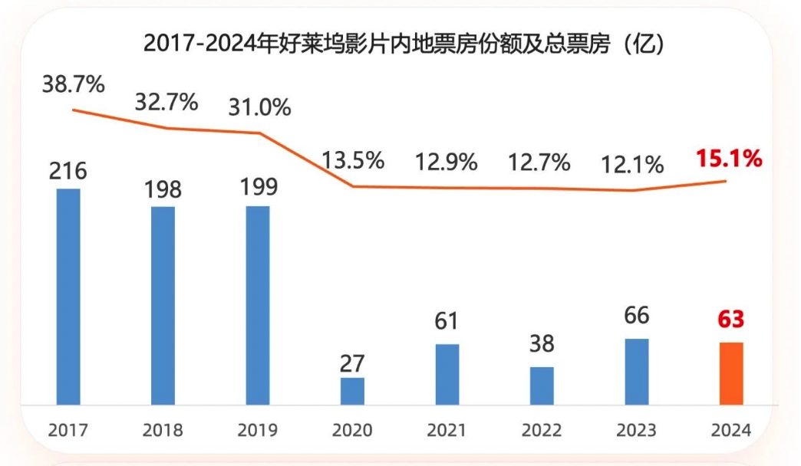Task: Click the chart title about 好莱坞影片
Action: click(x=404, y=44)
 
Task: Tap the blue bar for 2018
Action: click(x=163, y=305)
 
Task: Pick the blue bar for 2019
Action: click(x=257, y=305)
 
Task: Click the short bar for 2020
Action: click(x=352, y=391)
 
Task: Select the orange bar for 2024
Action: click(x=731, y=373)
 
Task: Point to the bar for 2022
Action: click(x=542, y=386)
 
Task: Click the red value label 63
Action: click(x=731, y=319)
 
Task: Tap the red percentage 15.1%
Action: click(x=729, y=159)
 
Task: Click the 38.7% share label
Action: click(x=73, y=84)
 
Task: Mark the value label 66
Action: click(x=636, y=316)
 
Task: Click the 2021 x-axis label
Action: click(x=447, y=430)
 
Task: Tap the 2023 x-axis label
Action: click(x=636, y=430)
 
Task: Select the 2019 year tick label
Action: click(x=257, y=430)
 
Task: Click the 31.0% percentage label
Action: click(x=259, y=107)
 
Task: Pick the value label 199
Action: click(x=257, y=187)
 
